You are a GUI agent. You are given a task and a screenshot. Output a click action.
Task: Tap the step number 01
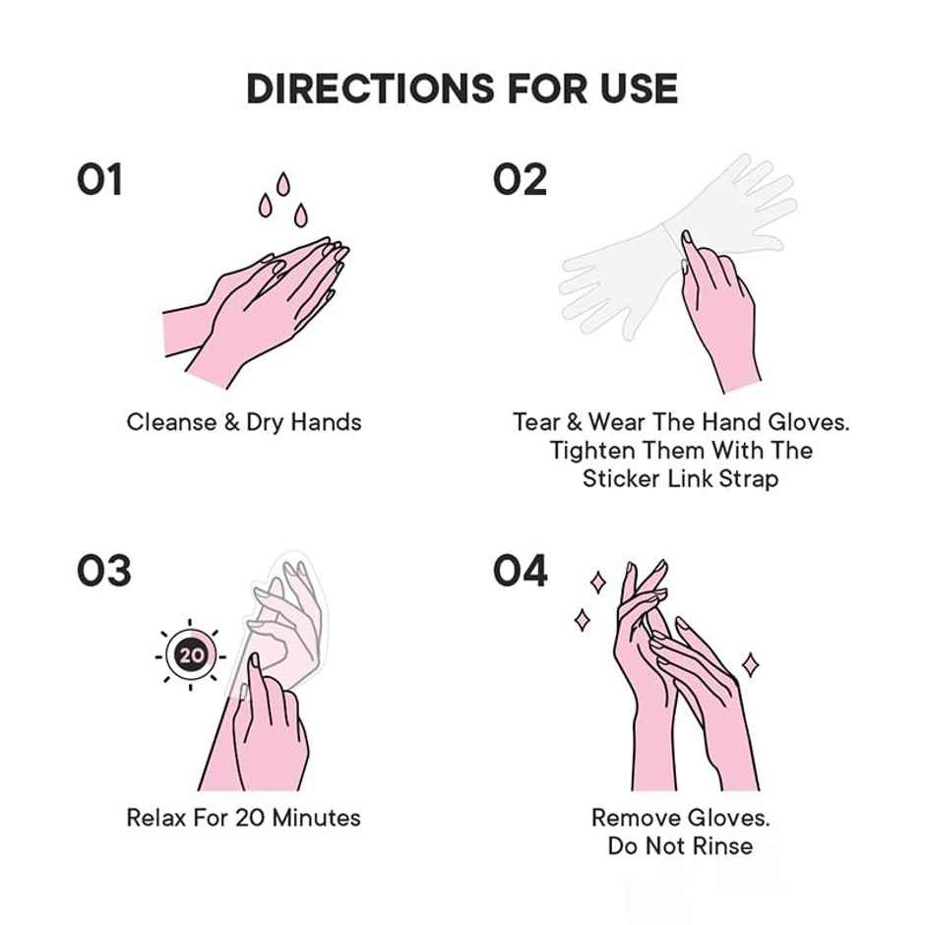point(99,180)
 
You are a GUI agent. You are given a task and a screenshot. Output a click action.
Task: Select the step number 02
point(520,180)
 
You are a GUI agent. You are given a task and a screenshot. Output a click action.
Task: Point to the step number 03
point(103,571)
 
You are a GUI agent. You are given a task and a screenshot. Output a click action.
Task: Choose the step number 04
point(521,571)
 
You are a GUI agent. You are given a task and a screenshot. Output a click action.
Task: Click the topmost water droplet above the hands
point(283,184)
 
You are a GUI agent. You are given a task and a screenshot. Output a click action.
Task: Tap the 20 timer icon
point(190,654)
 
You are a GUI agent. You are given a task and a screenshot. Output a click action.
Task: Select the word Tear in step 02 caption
point(534,422)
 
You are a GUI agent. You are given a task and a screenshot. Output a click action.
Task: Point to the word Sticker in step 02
point(623,479)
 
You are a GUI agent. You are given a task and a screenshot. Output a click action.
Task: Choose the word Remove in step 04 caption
point(632,817)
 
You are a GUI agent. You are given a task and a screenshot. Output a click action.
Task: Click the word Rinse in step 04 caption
point(724,845)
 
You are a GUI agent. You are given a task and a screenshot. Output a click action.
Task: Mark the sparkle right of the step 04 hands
point(750,665)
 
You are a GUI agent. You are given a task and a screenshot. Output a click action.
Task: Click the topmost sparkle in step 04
point(597,582)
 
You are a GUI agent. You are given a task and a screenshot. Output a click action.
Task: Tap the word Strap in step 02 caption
point(748,479)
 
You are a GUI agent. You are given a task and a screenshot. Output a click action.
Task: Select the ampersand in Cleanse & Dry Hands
point(231,422)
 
